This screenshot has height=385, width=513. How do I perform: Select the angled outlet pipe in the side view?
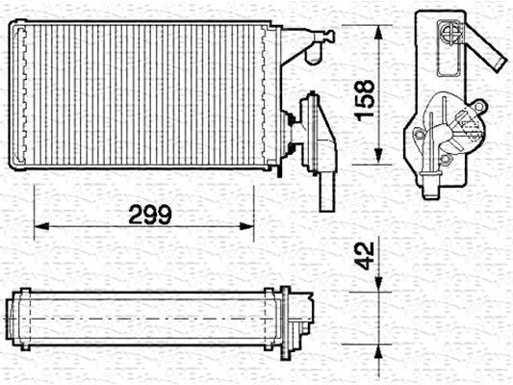(x=488, y=55)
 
